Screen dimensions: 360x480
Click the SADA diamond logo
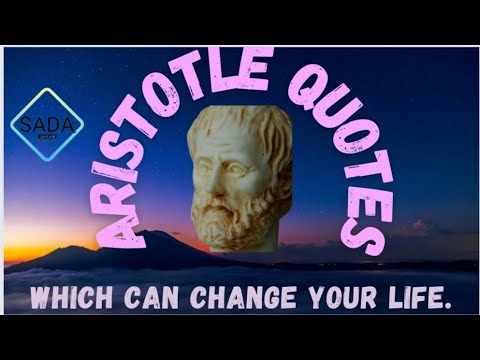tap(46, 121)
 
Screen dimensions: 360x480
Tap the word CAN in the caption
tap(140, 297)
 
